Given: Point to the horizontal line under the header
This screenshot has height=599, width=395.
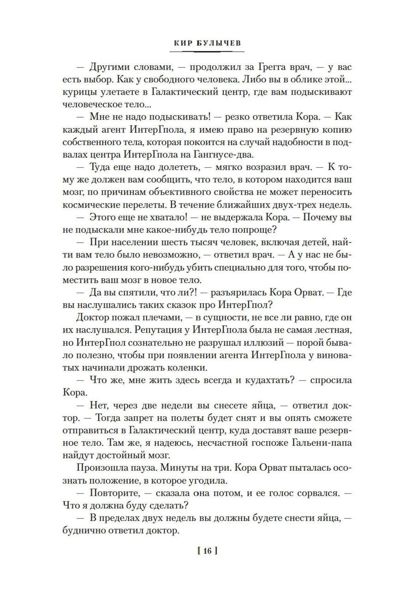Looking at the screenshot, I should tap(209, 52).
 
